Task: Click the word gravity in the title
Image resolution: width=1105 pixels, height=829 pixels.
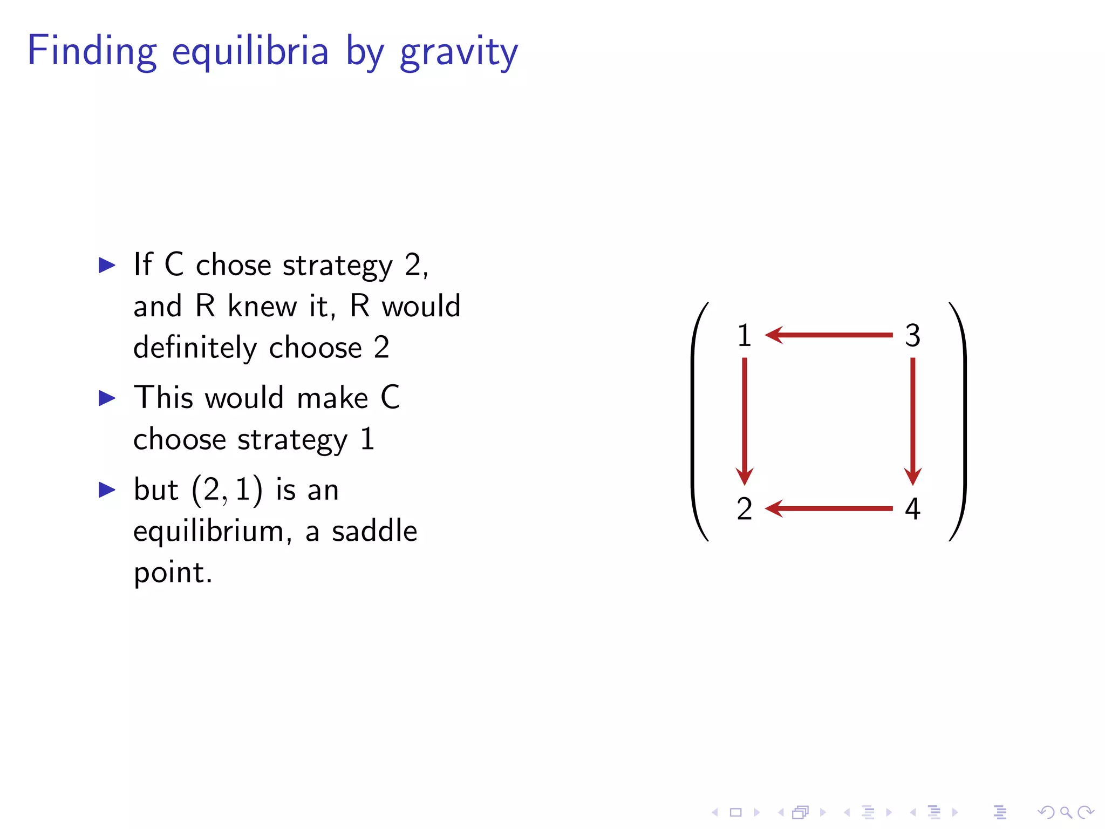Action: tap(459, 52)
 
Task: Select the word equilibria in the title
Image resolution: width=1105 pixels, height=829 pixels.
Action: tap(250, 52)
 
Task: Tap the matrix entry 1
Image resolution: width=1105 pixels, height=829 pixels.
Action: tap(744, 335)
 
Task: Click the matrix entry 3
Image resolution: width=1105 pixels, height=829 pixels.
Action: tap(912, 335)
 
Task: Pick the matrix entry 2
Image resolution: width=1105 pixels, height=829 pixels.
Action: tap(744, 509)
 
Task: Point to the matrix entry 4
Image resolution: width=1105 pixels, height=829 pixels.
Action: tap(912, 509)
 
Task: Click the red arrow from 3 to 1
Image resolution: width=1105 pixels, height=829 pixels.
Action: tap(829, 335)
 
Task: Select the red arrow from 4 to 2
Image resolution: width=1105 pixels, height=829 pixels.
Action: tap(829, 508)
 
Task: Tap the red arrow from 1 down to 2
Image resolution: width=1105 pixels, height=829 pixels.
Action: tap(745, 421)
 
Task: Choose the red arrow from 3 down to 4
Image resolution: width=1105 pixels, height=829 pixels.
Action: tap(913, 421)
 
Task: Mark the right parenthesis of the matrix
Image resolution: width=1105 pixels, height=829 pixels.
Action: tap(960, 422)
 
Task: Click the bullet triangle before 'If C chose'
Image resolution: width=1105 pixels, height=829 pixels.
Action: tap(107, 265)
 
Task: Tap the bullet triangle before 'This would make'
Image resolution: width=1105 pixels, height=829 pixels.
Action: tap(107, 398)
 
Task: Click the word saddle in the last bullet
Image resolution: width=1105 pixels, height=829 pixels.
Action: tap(374, 531)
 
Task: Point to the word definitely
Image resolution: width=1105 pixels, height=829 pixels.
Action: tap(195, 348)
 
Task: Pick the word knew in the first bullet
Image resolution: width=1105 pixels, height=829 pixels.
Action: tap(262, 306)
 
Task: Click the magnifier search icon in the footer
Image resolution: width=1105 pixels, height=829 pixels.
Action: tap(1066, 812)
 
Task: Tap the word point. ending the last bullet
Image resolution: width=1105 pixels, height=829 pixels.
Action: tap(173, 573)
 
